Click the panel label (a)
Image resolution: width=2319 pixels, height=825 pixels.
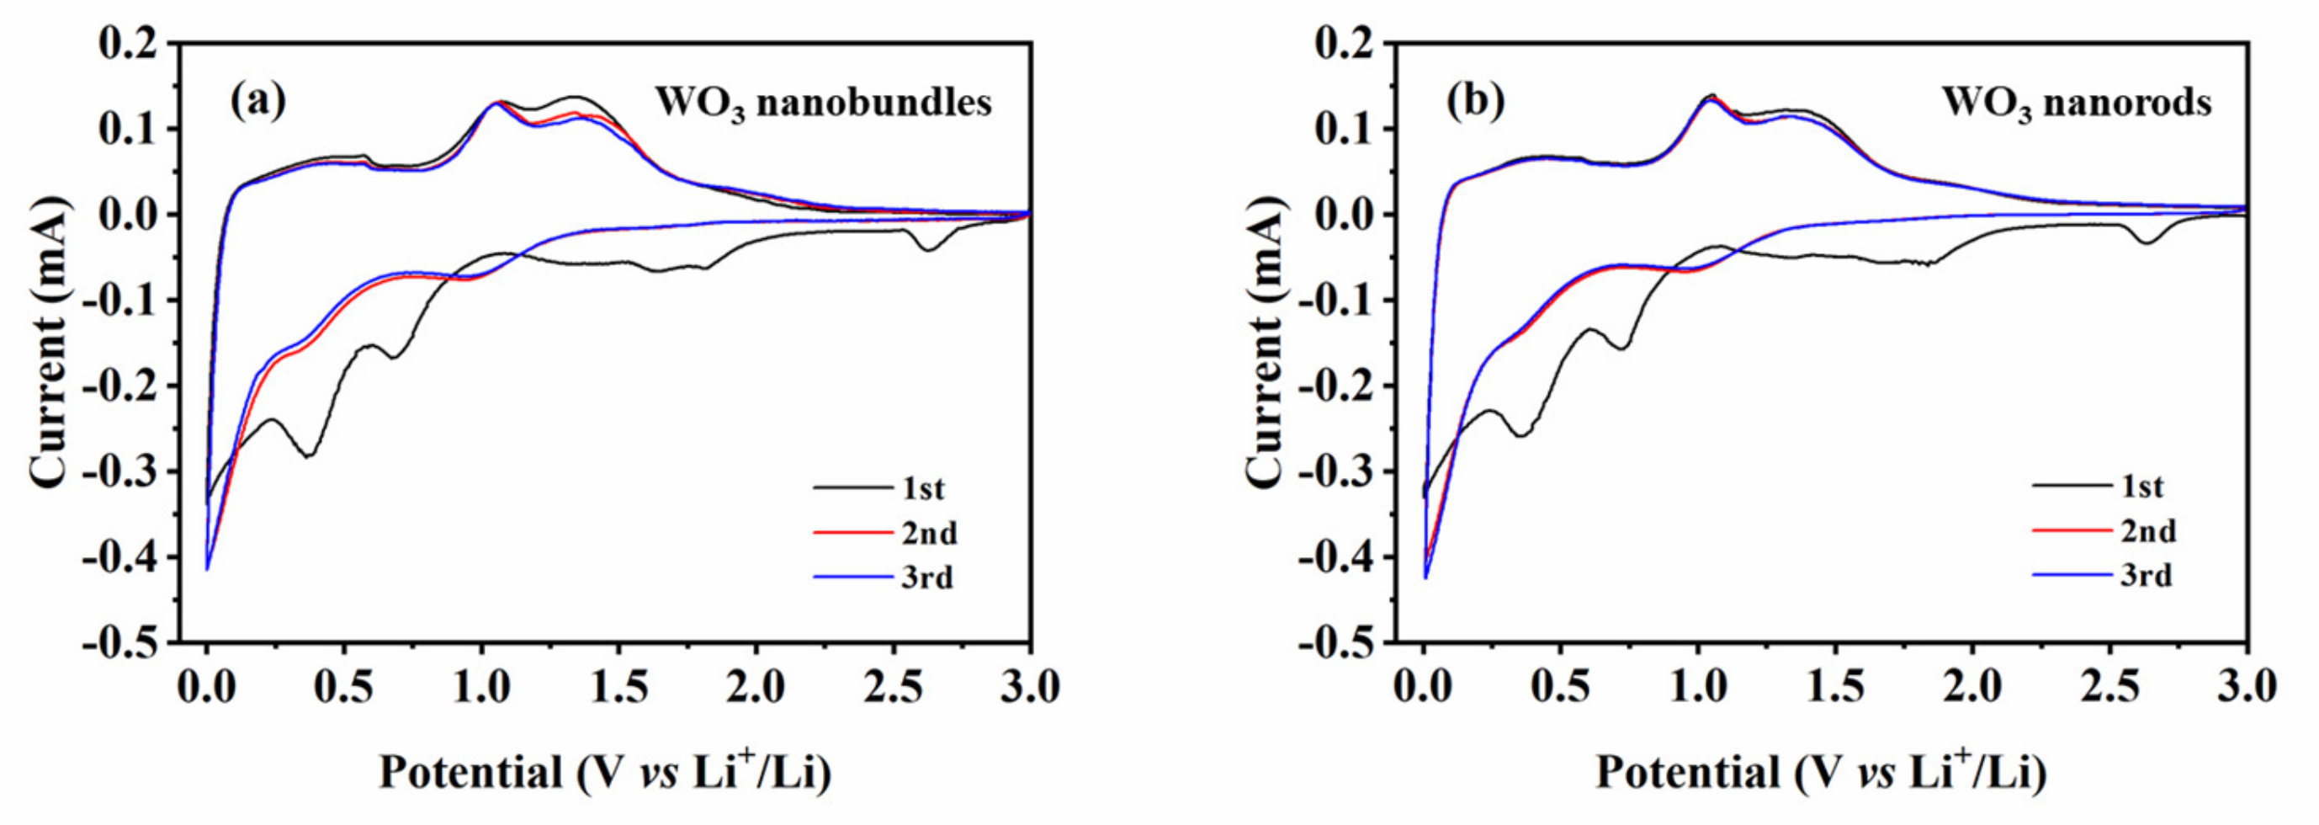tap(257, 101)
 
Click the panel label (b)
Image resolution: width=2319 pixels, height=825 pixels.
tap(1474, 101)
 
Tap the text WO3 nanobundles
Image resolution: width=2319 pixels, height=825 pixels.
tap(823, 103)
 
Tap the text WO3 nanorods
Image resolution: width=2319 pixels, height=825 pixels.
tap(2076, 103)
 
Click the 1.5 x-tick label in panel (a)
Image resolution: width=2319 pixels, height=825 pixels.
tap(619, 688)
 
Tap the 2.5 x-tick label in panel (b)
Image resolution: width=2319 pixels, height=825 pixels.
tap(2109, 688)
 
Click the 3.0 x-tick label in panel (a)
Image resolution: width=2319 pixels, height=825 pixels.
tap(1029, 688)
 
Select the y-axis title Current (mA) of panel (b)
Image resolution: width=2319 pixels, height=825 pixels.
tap(1266, 343)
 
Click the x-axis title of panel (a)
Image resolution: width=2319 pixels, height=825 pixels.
tap(605, 773)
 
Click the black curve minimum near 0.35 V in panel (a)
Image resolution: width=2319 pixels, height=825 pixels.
tap(309, 455)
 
